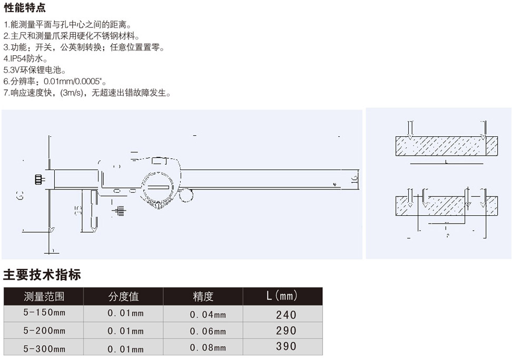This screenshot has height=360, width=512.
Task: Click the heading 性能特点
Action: (25, 8)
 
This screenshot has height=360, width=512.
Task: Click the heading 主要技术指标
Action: (42, 274)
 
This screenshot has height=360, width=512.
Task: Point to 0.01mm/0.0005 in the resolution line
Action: (74, 82)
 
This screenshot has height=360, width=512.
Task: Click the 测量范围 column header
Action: (44, 296)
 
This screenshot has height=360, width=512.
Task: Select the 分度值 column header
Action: (124, 296)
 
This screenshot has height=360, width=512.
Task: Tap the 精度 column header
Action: (203, 296)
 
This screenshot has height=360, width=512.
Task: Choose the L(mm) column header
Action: (282, 296)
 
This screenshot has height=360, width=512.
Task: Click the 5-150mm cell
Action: (44, 313)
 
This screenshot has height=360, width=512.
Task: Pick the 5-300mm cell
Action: (44, 348)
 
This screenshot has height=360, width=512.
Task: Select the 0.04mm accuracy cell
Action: (208, 315)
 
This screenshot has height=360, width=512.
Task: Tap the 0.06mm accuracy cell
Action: (208, 331)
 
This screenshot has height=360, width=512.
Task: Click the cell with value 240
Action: (286, 315)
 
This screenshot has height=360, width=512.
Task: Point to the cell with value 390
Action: (286, 347)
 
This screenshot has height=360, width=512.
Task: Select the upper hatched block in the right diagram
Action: (446, 146)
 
